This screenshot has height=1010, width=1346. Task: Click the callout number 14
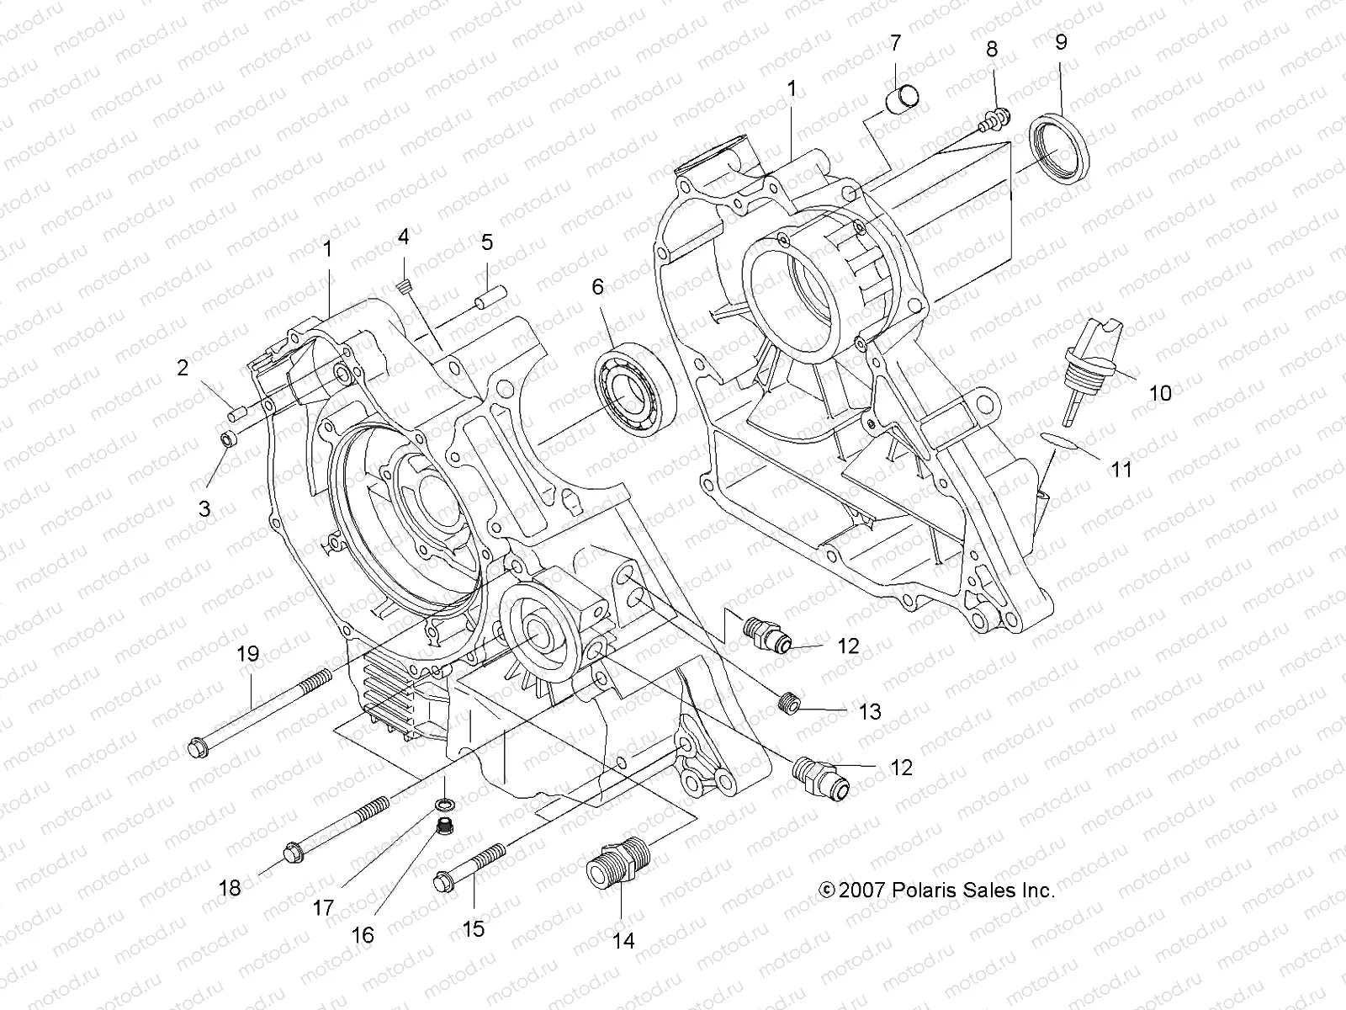tap(623, 940)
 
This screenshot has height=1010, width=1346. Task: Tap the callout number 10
tap(1160, 392)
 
